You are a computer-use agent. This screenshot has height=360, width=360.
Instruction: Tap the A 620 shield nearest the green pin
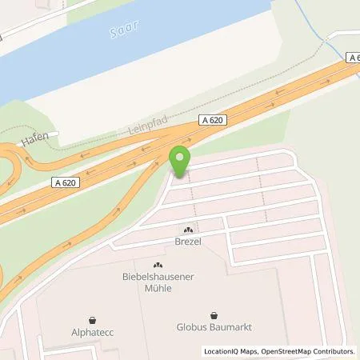coord(210,120)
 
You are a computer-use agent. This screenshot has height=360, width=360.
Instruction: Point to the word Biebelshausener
coord(157,278)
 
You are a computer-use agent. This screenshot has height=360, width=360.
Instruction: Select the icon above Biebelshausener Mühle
coord(157,266)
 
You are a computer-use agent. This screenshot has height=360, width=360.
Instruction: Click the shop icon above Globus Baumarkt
coord(214,315)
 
